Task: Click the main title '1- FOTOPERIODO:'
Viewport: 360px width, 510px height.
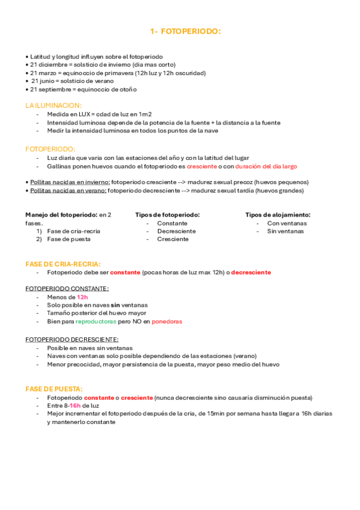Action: [185, 31]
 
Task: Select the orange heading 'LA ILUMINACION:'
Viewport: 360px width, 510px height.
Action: [53, 105]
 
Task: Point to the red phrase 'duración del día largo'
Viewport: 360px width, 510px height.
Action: [266, 166]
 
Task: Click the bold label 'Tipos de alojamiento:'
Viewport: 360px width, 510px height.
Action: [278, 215]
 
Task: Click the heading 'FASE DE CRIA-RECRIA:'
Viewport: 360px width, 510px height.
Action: [63, 264]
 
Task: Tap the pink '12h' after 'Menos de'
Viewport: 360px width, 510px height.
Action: [82, 297]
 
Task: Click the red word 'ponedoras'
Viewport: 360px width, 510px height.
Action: [167, 321]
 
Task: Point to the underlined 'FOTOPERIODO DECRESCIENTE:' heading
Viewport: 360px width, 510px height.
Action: [72, 339]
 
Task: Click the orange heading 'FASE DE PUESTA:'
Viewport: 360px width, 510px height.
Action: [54, 389]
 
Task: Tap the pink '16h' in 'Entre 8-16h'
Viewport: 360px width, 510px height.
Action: [75, 406]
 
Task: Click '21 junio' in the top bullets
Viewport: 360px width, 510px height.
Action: [43, 81]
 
